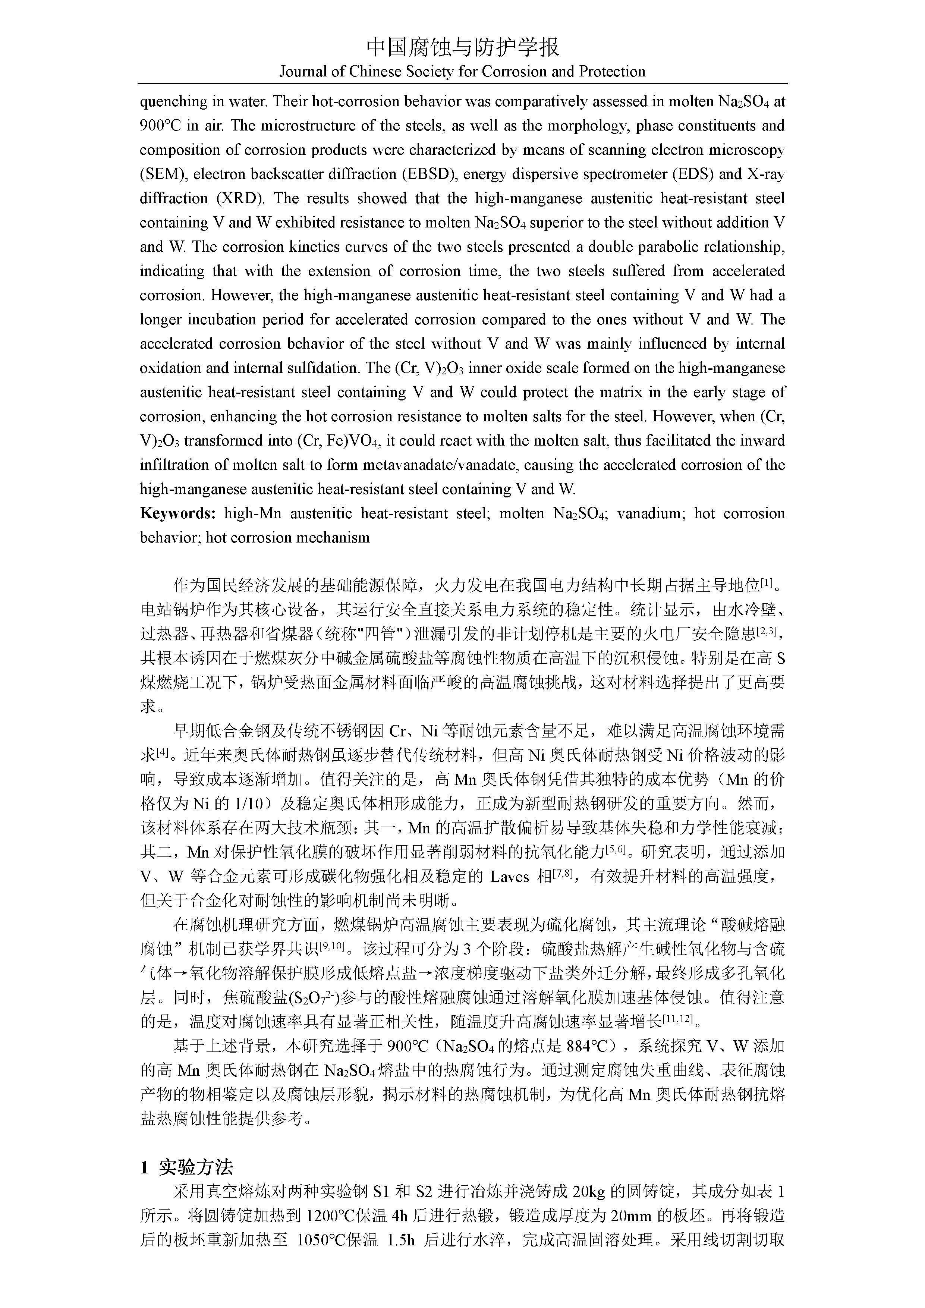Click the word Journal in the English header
pos(302,72)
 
